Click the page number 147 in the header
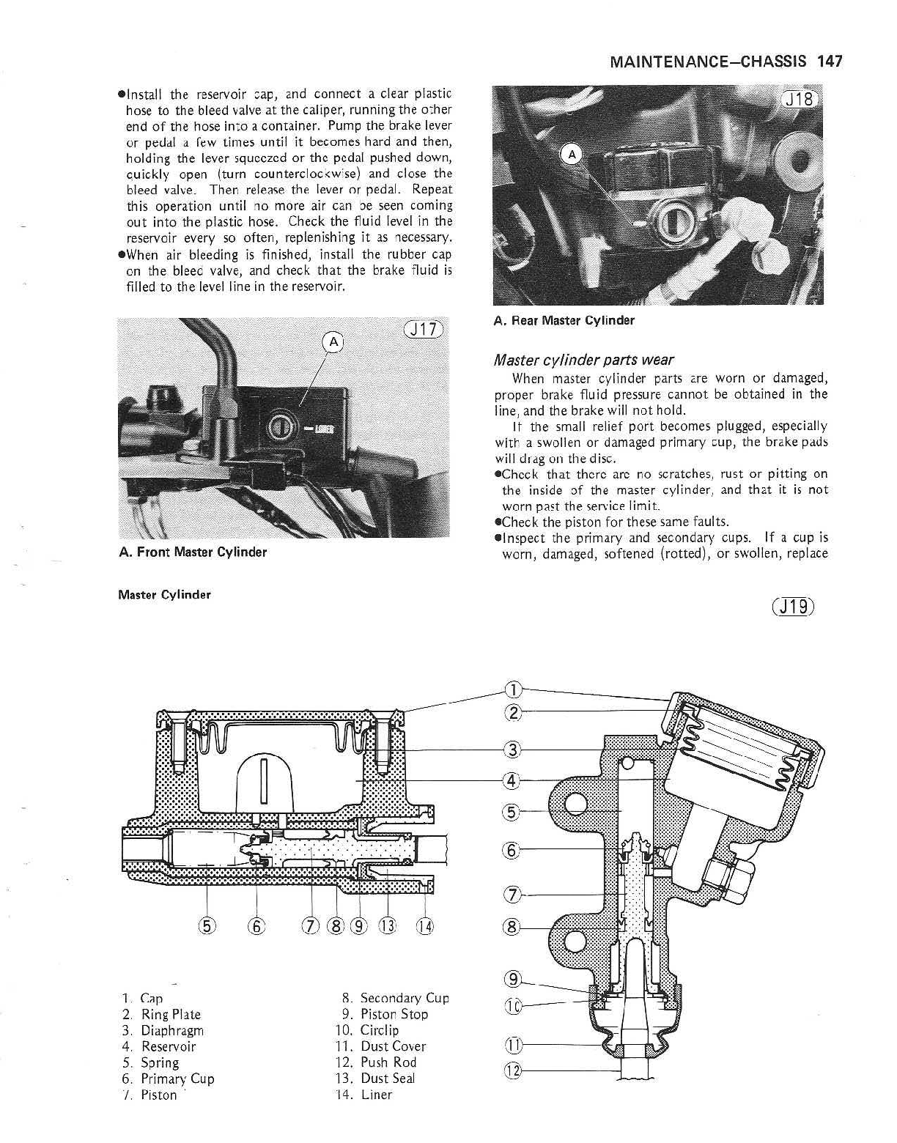[x=830, y=62]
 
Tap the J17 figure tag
[x=424, y=330]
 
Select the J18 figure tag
[x=800, y=99]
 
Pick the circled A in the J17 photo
[x=333, y=341]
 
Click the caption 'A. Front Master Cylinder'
[x=193, y=552]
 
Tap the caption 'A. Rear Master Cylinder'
[x=564, y=320]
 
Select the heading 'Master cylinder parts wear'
[x=583, y=360]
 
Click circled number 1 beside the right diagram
[x=514, y=689]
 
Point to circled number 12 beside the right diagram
[x=514, y=1071]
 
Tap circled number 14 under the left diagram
[x=425, y=925]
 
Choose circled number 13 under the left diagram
[x=386, y=925]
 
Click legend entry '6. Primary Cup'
[x=169, y=1079]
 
